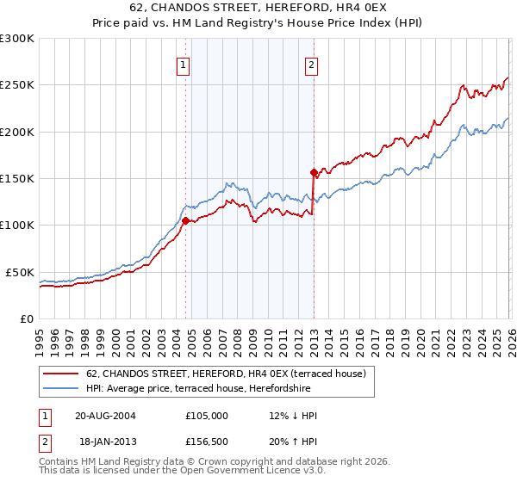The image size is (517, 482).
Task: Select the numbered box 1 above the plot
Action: [x=184, y=64]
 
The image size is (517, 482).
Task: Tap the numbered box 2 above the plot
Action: [x=311, y=64]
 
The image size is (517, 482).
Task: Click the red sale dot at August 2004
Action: [x=185, y=220]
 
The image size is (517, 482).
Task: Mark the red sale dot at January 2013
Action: [x=314, y=172]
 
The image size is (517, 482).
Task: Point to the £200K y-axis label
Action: [x=17, y=132]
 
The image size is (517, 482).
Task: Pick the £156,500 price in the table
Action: [x=207, y=442]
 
